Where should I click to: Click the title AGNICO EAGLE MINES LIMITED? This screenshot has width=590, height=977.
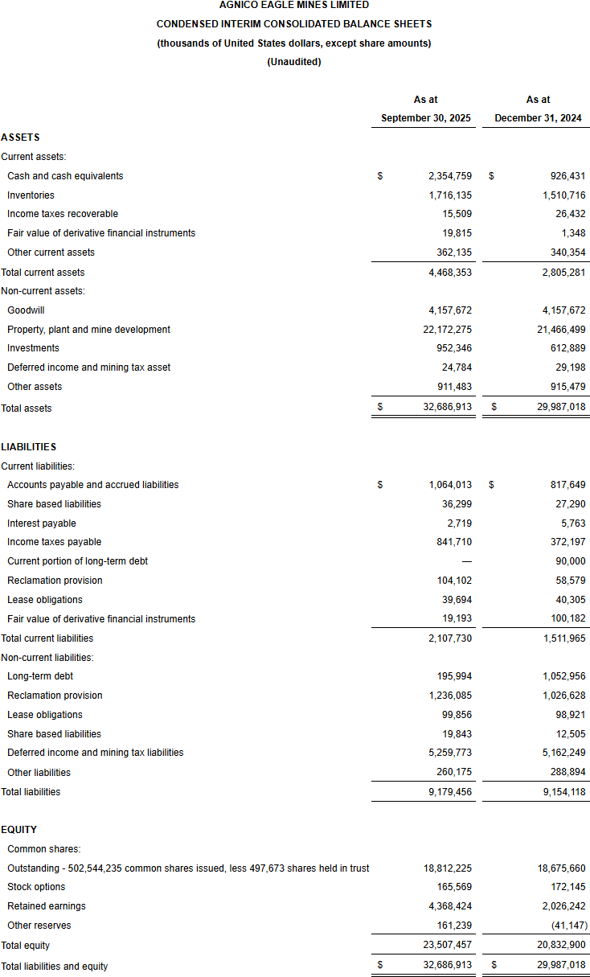pos(293,5)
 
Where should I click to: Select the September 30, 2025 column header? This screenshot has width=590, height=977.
pos(425,118)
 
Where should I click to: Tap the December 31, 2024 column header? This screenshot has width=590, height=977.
pos(538,118)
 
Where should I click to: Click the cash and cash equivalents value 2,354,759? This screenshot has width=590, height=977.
pos(450,176)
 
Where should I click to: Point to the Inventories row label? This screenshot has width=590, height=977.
pos(31,195)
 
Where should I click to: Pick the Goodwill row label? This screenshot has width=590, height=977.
pos(26,310)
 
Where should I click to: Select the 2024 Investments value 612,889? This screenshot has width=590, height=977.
pos(563,348)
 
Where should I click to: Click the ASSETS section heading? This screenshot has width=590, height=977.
pos(20,138)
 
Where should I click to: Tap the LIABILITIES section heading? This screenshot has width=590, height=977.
pos(28,446)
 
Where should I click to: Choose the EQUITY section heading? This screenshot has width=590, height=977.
pos(19,830)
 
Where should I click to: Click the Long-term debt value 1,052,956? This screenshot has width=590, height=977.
pos(560,676)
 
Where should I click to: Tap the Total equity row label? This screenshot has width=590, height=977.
pos(25,946)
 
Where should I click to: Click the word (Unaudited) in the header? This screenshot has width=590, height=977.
pos(293,62)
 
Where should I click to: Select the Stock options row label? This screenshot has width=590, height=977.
pos(36,887)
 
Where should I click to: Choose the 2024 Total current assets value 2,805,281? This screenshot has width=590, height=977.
pos(560,273)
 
